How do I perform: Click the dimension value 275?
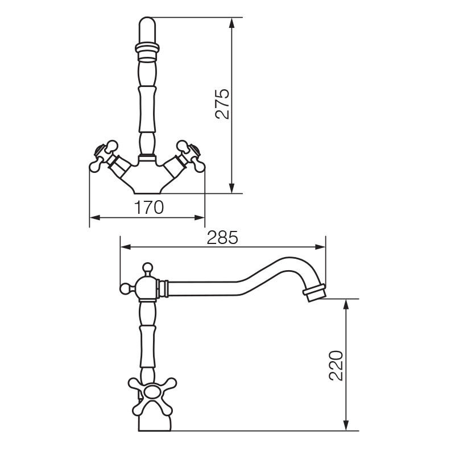coord(222,104)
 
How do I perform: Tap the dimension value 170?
coord(149,207)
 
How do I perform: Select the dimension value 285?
coord(222,237)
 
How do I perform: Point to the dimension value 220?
coord(336,365)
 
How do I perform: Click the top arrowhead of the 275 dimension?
coord(231,23)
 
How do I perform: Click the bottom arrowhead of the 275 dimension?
coord(231,188)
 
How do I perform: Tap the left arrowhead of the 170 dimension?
coord(95,218)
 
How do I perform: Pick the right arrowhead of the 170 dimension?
coord(200,218)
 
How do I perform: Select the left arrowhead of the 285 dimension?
coord(126,247)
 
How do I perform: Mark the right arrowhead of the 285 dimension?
coord(320,247)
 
